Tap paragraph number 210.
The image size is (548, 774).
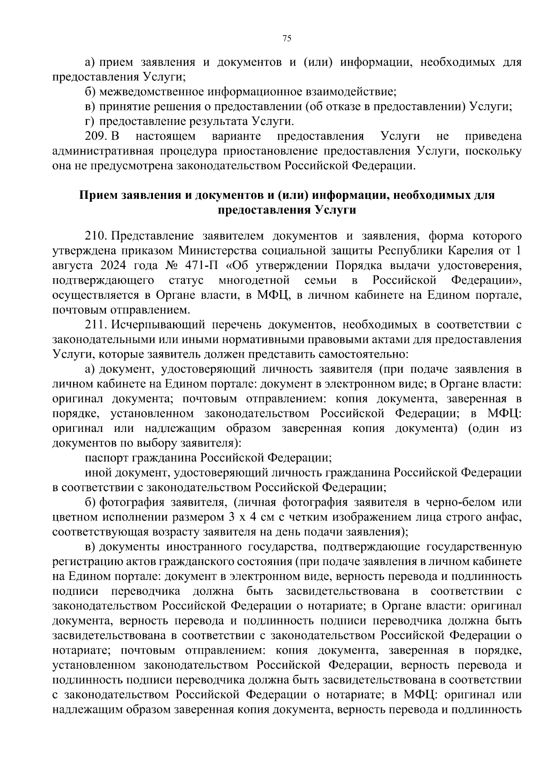(96, 236)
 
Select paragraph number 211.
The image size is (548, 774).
(96, 325)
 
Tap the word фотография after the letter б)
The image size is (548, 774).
(129, 502)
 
